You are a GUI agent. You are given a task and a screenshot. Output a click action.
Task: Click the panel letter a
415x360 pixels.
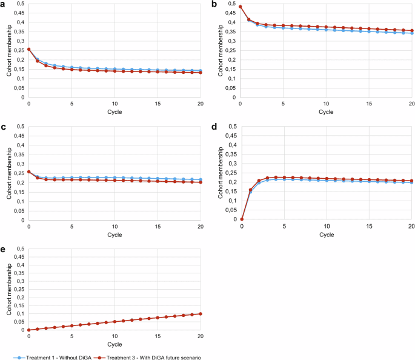pyautogui.click(x=4, y=5)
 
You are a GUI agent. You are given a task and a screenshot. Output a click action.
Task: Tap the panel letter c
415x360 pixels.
pyautogui.click(x=4, y=128)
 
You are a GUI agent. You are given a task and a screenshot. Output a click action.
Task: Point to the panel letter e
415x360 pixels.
pyautogui.click(x=4, y=250)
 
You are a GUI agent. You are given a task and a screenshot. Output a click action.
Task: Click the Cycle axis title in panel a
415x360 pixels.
pyautogui.click(x=115, y=112)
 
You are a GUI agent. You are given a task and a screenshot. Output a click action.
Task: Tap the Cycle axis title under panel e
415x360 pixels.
pyautogui.click(x=115, y=344)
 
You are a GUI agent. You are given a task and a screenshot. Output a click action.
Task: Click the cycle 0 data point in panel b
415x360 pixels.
pyautogui.click(x=241, y=7)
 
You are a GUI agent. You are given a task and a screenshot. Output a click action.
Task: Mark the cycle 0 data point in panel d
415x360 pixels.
pyautogui.click(x=241, y=219)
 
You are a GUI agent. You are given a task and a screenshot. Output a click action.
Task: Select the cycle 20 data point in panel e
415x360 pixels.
pyautogui.click(x=200, y=313)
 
